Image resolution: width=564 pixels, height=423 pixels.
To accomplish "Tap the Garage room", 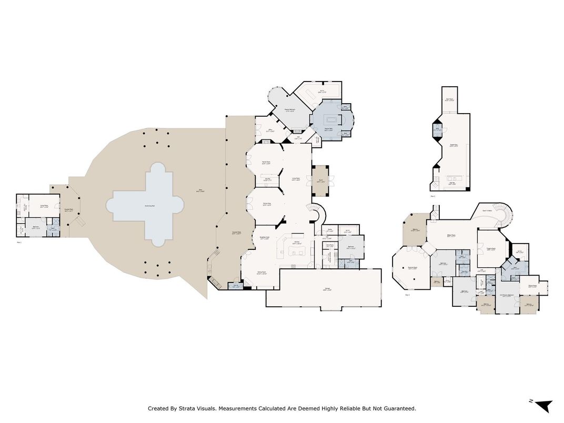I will pos(323,288).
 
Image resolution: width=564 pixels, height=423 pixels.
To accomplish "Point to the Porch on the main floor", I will pos(320,180).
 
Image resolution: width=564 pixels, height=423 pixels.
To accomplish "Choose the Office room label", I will pos(270,130).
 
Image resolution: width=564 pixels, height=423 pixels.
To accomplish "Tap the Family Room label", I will pos(266,162).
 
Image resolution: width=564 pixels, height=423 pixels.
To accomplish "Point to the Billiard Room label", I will pos(451,236).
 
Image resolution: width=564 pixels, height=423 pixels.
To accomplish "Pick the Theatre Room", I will pos(491,249).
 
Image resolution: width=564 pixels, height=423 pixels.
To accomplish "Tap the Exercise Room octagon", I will pos(412,268).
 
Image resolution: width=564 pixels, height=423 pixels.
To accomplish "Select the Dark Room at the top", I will pos(449,98).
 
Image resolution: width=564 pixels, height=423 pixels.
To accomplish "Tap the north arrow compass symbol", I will pos(543,405).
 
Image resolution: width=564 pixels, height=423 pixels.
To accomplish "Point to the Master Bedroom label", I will pos(290,110).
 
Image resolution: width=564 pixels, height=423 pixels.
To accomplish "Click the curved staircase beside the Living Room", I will pos(318,213).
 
